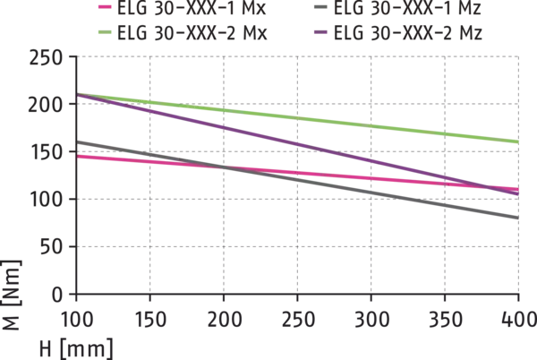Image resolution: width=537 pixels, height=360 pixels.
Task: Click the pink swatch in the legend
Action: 104,7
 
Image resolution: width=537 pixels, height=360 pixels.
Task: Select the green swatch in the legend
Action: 104,31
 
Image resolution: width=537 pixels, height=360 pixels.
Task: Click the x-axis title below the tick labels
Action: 72,344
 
